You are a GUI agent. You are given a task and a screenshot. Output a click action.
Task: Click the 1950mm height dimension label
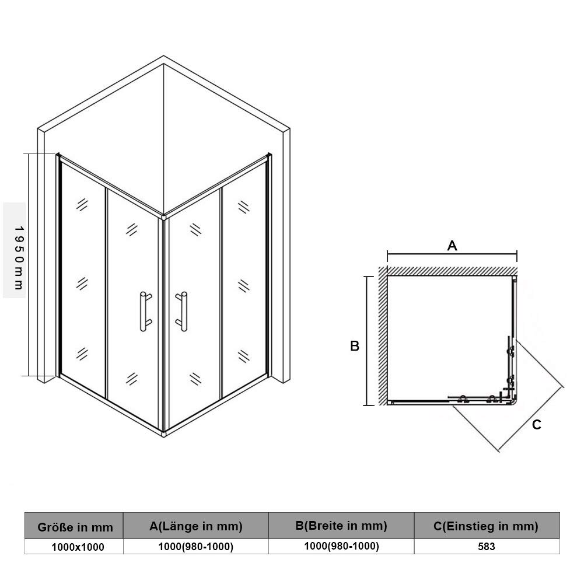(19, 258)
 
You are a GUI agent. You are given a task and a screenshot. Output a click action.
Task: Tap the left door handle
(145, 312)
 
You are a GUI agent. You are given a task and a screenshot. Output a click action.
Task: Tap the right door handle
(183, 312)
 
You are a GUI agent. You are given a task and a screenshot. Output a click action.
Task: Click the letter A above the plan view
(452, 246)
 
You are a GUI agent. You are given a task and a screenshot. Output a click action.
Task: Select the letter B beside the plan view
(355, 346)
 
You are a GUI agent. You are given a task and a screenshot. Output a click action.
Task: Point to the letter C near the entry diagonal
(536, 425)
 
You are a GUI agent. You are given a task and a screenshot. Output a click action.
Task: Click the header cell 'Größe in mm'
(75, 527)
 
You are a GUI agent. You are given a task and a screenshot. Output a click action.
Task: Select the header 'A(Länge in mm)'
(196, 526)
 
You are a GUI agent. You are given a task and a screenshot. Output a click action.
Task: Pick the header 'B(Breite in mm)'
(341, 526)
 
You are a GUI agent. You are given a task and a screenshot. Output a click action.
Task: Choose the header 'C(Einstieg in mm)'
(486, 526)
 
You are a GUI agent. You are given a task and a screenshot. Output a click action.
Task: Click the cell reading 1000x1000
(78, 547)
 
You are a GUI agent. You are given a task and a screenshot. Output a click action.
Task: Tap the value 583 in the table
(487, 547)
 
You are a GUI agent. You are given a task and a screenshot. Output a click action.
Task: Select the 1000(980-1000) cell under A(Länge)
(196, 547)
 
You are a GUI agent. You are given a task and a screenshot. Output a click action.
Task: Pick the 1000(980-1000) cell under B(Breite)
(341, 546)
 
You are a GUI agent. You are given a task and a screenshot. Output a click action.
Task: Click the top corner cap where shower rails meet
(163, 216)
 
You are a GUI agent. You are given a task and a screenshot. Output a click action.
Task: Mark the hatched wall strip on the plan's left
(383, 336)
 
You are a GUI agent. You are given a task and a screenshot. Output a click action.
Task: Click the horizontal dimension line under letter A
(452, 254)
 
